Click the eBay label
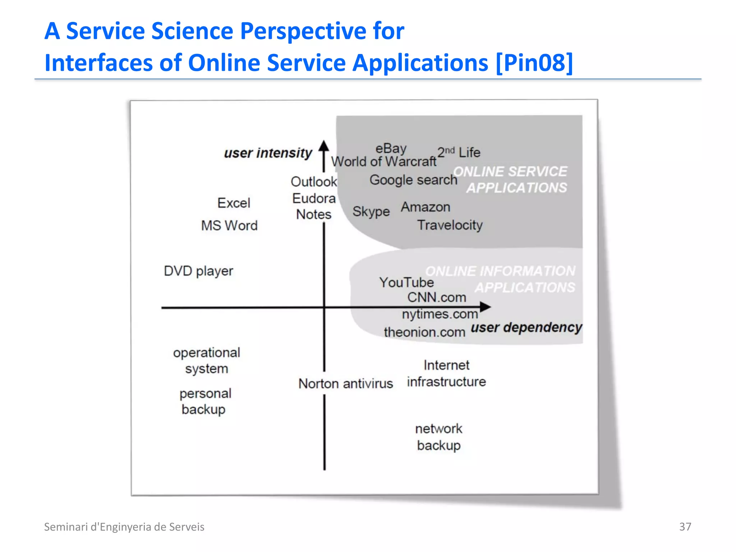tap(391, 148)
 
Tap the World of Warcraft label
tap(383, 162)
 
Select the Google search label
tap(413, 180)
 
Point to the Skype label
tap(371, 211)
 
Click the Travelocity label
tap(450, 225)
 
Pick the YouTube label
tap(406, 282)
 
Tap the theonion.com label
tap(424, 332)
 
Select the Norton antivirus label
tap(345, 383)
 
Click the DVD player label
tap(198, 271)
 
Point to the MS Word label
tap(229, 226)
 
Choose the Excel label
tap(234, 203)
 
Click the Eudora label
tap(314, 198)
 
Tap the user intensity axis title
tap(268, 153)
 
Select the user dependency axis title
tap(526, 327)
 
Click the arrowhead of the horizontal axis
tap(486, 307)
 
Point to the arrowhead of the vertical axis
tap(324, 146)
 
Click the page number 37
tap(685, 526)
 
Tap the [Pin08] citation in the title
tap(534, 63)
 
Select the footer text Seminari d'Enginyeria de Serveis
tap(124, 527)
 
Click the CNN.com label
tap(437, 298)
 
